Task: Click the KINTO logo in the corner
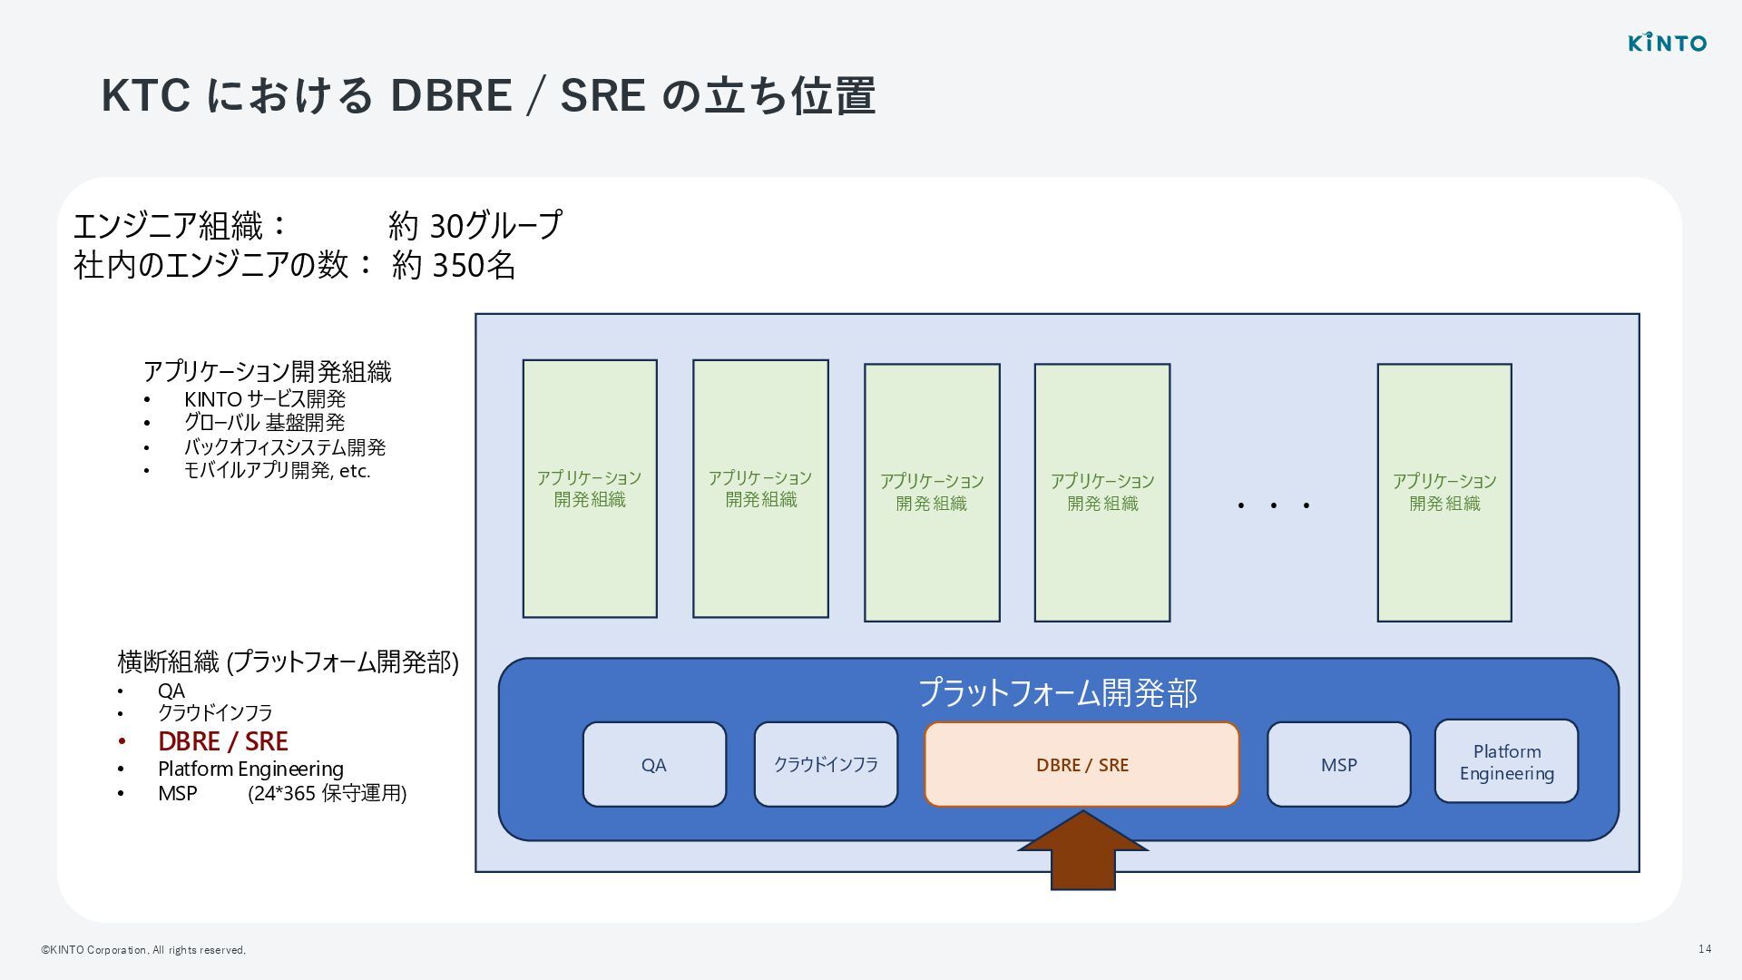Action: tap(1667, 43)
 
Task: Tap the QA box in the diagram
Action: tap(653, 764)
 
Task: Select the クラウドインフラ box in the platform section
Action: tap(825, 764)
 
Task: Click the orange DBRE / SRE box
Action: tap(1081, 764)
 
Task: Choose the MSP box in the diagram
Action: tap(1338, 764)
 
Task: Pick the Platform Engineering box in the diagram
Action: tap(1506, 761)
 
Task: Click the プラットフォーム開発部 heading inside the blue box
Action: tap(1058, 692)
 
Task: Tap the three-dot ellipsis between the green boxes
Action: tap(1273, 505)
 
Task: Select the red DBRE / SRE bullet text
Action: tap(222, 741)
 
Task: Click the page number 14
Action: tap(1705, 948)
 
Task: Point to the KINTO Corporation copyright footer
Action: tap(143, 950)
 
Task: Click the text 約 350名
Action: tap(454, 265)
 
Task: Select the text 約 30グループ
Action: tap(475, 225)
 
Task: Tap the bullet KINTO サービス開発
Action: tap(264, 399)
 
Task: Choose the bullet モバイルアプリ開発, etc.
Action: tap(277, 470)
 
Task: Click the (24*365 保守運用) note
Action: tap(327, 793)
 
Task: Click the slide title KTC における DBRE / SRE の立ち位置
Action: tap(488, 95)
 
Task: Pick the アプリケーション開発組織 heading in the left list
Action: tap(267, 371)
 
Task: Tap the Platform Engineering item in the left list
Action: tap(250, 769)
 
